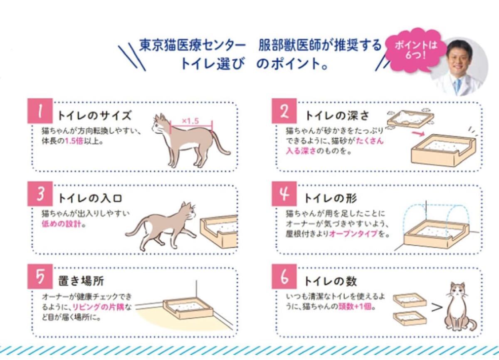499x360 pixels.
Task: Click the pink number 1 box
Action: (40, 111)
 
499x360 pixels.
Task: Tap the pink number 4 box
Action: (284, 194)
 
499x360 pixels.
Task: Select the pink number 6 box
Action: (284, 276)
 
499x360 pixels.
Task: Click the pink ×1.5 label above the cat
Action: (190, 121)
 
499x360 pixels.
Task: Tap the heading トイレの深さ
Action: (337, 116)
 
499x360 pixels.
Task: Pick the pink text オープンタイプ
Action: (353, 234)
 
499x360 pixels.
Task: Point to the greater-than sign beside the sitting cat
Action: (437, 308)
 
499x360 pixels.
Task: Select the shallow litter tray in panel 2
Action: (410, 119)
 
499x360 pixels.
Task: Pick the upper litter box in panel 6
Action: (410, 300)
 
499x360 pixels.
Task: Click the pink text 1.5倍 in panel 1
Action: (74, 141)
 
